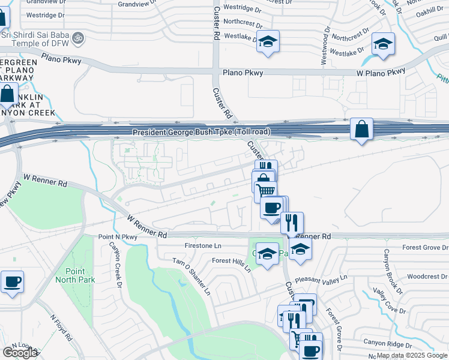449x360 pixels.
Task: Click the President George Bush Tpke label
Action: coord(201,132)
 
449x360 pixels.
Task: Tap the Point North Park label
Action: coord(71,275)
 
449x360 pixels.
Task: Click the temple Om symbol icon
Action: coord(77,38)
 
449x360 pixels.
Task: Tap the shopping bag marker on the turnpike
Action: coord(361,129)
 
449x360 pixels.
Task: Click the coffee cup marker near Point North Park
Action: coord(12,281)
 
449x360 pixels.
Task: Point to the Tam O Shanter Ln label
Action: coord(191,277)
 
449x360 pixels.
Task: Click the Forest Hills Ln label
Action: coord(231,265)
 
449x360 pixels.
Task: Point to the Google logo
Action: coord(20,353)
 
